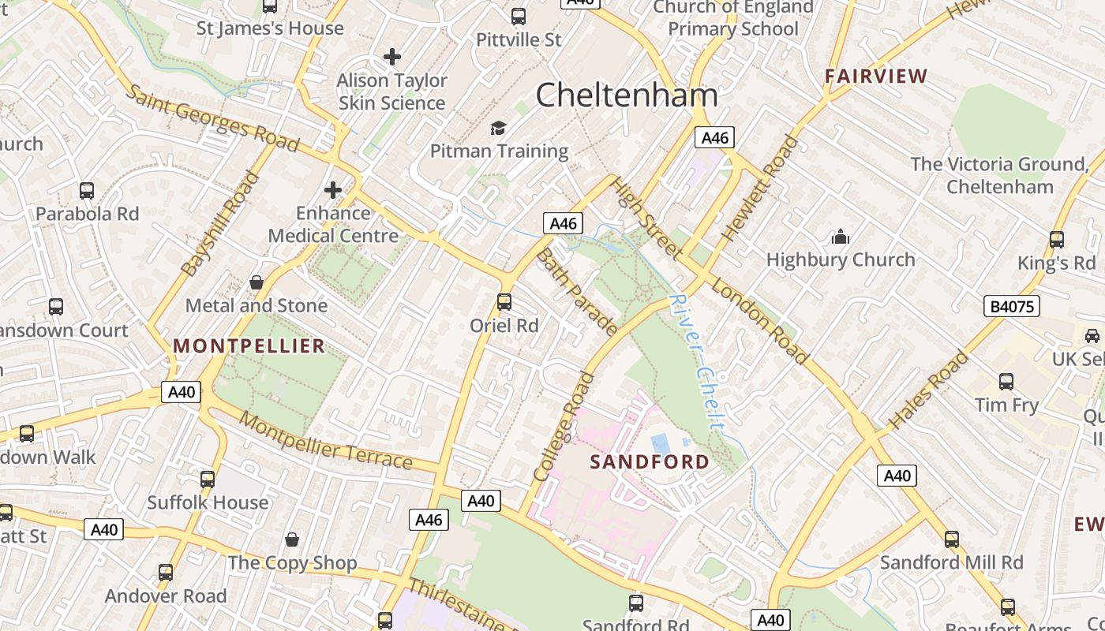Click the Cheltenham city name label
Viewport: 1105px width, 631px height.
click(x=627, y=95)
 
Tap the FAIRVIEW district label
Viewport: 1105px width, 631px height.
click(x=876, y=77)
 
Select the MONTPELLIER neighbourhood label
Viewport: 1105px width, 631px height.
click(x=249, y=345)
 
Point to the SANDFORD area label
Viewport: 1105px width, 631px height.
click(x=650, y=462)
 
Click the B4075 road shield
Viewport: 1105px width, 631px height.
click(x=1011, y=306)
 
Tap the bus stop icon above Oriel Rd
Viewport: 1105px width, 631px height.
click(x=504, y=302)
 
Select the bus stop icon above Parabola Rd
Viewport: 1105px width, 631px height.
click(x=87, y=191)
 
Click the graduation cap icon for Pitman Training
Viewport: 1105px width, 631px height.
click(x=498, y=128)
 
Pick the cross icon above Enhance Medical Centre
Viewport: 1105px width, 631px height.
click(x=333, y=190)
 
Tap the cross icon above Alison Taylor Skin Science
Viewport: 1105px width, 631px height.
click(x=391, y=57)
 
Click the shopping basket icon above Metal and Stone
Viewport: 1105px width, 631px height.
click(x=257, y=282)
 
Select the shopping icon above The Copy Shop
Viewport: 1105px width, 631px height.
click(x=292, y=540)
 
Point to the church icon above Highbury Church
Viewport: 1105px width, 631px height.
click(x=841, y=237)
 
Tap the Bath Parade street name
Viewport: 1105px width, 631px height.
click(x=576, y=292)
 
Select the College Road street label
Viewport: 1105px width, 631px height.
click(x=564, y=427)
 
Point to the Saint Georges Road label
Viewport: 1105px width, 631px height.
click(x=212, y=118)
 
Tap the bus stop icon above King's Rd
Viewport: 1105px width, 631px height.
click(x=1056, y=240)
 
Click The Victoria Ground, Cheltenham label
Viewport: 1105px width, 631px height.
click(x=999, y=175)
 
